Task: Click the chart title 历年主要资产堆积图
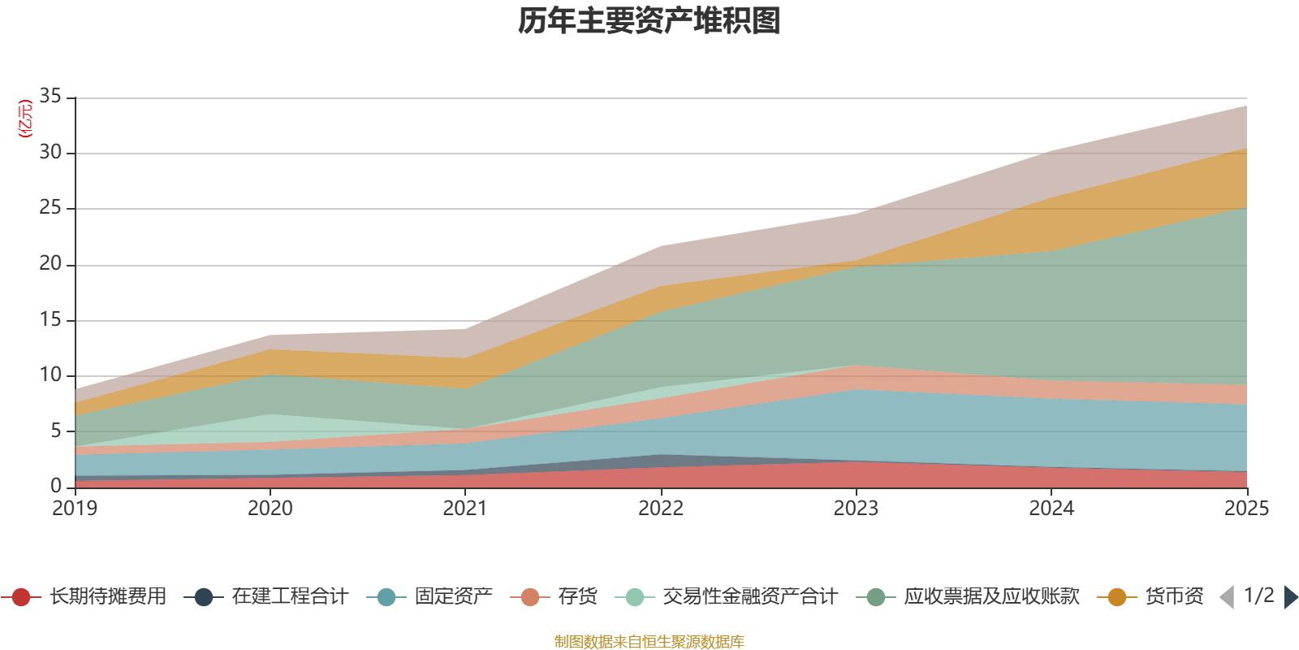pos(649,21)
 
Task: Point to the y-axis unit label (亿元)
pos(25,119)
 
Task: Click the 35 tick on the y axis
pos(50,97)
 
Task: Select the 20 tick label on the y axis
pos(50,264)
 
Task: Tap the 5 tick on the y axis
pos(55,431)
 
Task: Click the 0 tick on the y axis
pos(55,486)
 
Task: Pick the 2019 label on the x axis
pos(75,509)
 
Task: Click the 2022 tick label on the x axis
pos(661,509)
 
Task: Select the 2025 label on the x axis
pos(1245,509)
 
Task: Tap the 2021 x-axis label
pos(465,509)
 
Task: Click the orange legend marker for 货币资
pos(1117,597)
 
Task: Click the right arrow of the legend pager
pos(1290,597)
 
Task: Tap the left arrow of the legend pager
pos(1227,597)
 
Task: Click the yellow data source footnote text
pos(649,642)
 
